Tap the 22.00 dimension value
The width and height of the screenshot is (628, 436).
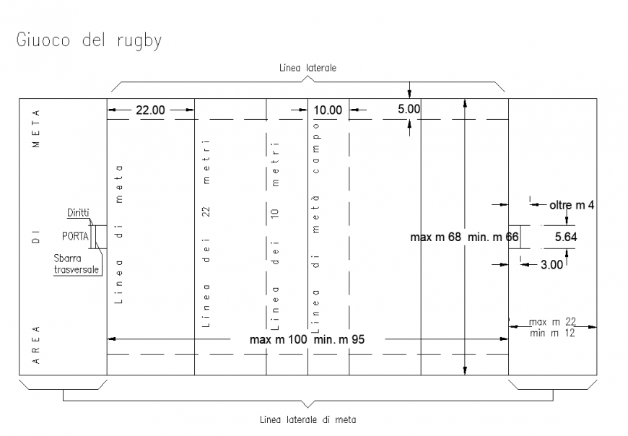150,110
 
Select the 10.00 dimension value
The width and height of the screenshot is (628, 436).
327,110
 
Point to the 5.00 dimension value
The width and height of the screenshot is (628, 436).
409,109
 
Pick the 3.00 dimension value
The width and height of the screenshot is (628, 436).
551,265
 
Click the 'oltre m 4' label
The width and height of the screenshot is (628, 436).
572,206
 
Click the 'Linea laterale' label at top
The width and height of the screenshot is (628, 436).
308,68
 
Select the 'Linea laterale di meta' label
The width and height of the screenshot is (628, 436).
308,419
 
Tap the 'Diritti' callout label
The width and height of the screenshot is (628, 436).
79,213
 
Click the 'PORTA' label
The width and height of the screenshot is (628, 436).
76,236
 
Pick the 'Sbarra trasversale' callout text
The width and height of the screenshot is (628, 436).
77,264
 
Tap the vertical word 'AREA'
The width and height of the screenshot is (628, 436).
36,345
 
